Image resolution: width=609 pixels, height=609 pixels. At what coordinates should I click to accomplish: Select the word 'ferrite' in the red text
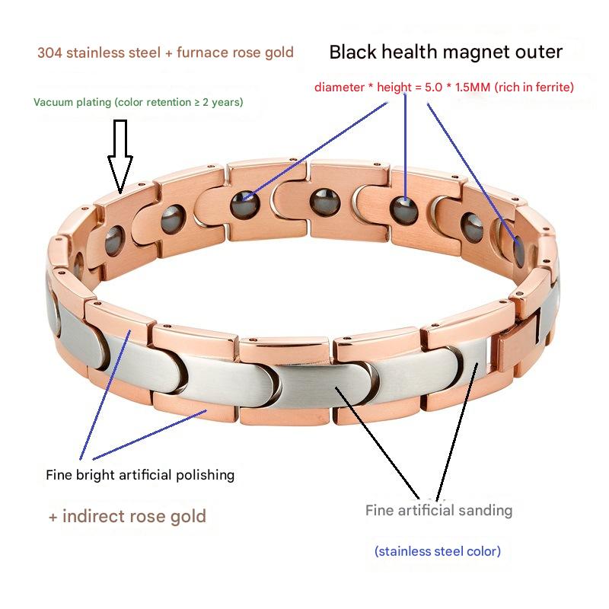point(545,88)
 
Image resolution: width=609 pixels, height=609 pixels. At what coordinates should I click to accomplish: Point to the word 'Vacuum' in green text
point(53,102)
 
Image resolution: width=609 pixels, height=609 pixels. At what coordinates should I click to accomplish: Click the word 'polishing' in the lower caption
point(203,475)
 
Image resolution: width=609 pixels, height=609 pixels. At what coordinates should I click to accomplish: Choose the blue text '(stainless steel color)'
point(437,551)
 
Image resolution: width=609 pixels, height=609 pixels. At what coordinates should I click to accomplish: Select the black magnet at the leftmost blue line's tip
point(245,202)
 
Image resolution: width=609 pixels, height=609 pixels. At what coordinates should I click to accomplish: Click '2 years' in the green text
point(222,102)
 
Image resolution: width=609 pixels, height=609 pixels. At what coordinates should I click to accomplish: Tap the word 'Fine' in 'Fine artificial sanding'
point(379,510)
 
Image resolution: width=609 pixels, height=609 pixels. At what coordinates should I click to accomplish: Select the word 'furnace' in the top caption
point(201,53)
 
